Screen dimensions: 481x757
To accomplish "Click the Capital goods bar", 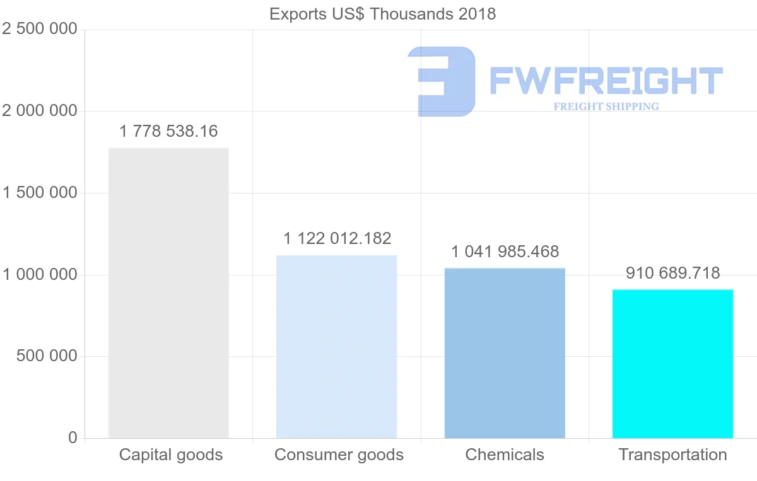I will click(x=168, y=293).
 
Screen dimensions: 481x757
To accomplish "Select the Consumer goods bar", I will click(x=336, y=346).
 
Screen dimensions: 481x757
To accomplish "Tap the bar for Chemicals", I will click(x=505, y=352).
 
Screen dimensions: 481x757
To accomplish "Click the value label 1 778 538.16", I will click(x=168, y=131).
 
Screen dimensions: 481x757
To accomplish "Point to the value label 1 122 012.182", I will click(x=337, y=238).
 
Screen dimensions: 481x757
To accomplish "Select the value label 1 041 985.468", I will click(x=505, y=252).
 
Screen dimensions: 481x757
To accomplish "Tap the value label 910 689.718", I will click(x=672, y=273).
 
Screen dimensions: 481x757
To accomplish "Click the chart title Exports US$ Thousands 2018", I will click(x=382, y=14).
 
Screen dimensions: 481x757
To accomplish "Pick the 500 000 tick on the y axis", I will click(x=45, y=356).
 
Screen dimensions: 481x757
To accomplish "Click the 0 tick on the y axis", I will click(x=72, y=438).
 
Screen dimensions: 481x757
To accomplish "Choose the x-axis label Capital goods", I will click(x=171, y=455).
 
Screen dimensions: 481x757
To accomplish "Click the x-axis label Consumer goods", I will click(x=339, y=455).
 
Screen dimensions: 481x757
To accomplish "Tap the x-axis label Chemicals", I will click(x=505, y=455).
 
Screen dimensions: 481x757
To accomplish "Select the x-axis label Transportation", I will click(x=672, y=455).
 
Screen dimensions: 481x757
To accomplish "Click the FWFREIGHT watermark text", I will click(x=606, y=81).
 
